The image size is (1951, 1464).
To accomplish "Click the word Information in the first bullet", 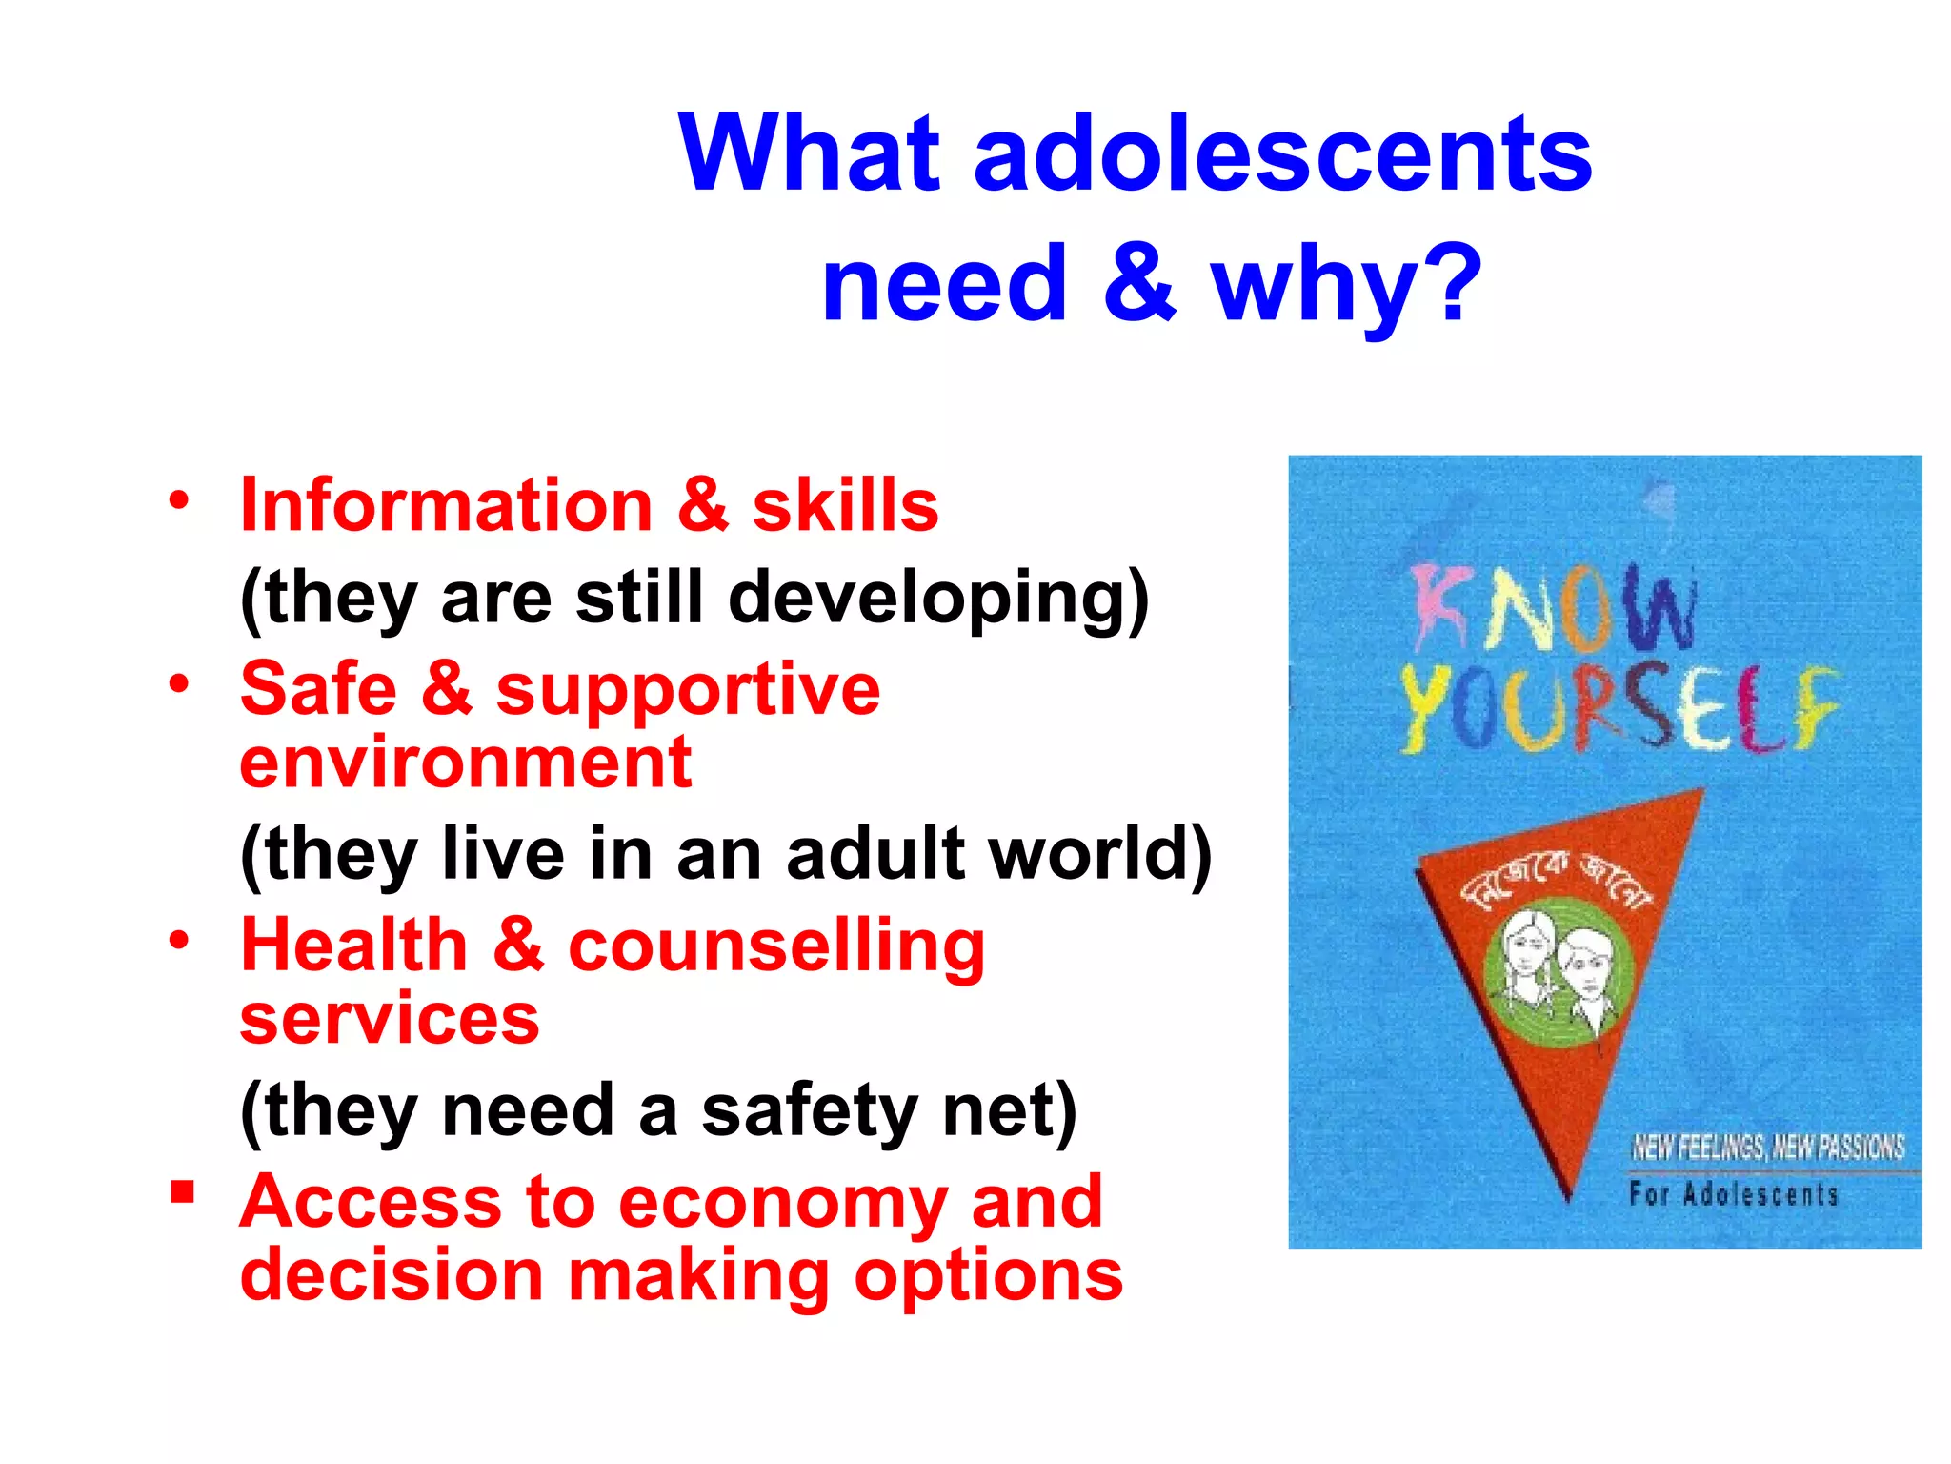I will coord(446,504).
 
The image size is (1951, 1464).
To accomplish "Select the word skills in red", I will coord(845,504).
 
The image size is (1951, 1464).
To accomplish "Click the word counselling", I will coord(776,945).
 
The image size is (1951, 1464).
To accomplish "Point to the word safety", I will coord(810,1109).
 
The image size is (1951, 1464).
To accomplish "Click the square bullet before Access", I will coord(182,1192).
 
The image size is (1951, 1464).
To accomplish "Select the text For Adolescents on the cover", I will coord(1733,1194).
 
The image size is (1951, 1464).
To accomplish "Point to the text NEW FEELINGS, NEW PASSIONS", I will coord(1768,1147).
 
